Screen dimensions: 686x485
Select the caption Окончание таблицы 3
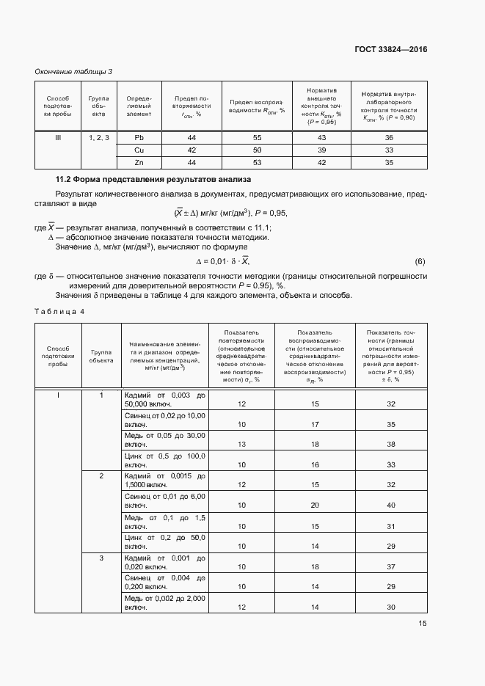coord(73,71)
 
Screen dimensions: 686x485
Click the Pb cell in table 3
coord(139,137)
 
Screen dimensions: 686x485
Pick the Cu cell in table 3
coord(139,150)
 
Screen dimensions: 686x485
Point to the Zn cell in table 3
coord(139,162)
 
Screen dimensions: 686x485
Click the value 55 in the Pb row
coord(257,137)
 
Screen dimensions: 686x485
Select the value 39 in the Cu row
coord(321,150)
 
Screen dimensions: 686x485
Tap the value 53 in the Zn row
coord(257,162)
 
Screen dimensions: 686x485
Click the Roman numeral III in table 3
coord(58,137)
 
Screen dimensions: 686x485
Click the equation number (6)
coord(420,262)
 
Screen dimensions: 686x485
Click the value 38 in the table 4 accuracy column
coord(390,445)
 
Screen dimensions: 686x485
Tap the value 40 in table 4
coord(390,506)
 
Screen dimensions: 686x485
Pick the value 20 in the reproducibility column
coord(315,506)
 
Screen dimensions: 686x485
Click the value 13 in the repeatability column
coord(241,445)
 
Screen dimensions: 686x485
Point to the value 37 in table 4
coord(390,566)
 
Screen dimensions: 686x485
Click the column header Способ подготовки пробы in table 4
coord(58,354)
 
